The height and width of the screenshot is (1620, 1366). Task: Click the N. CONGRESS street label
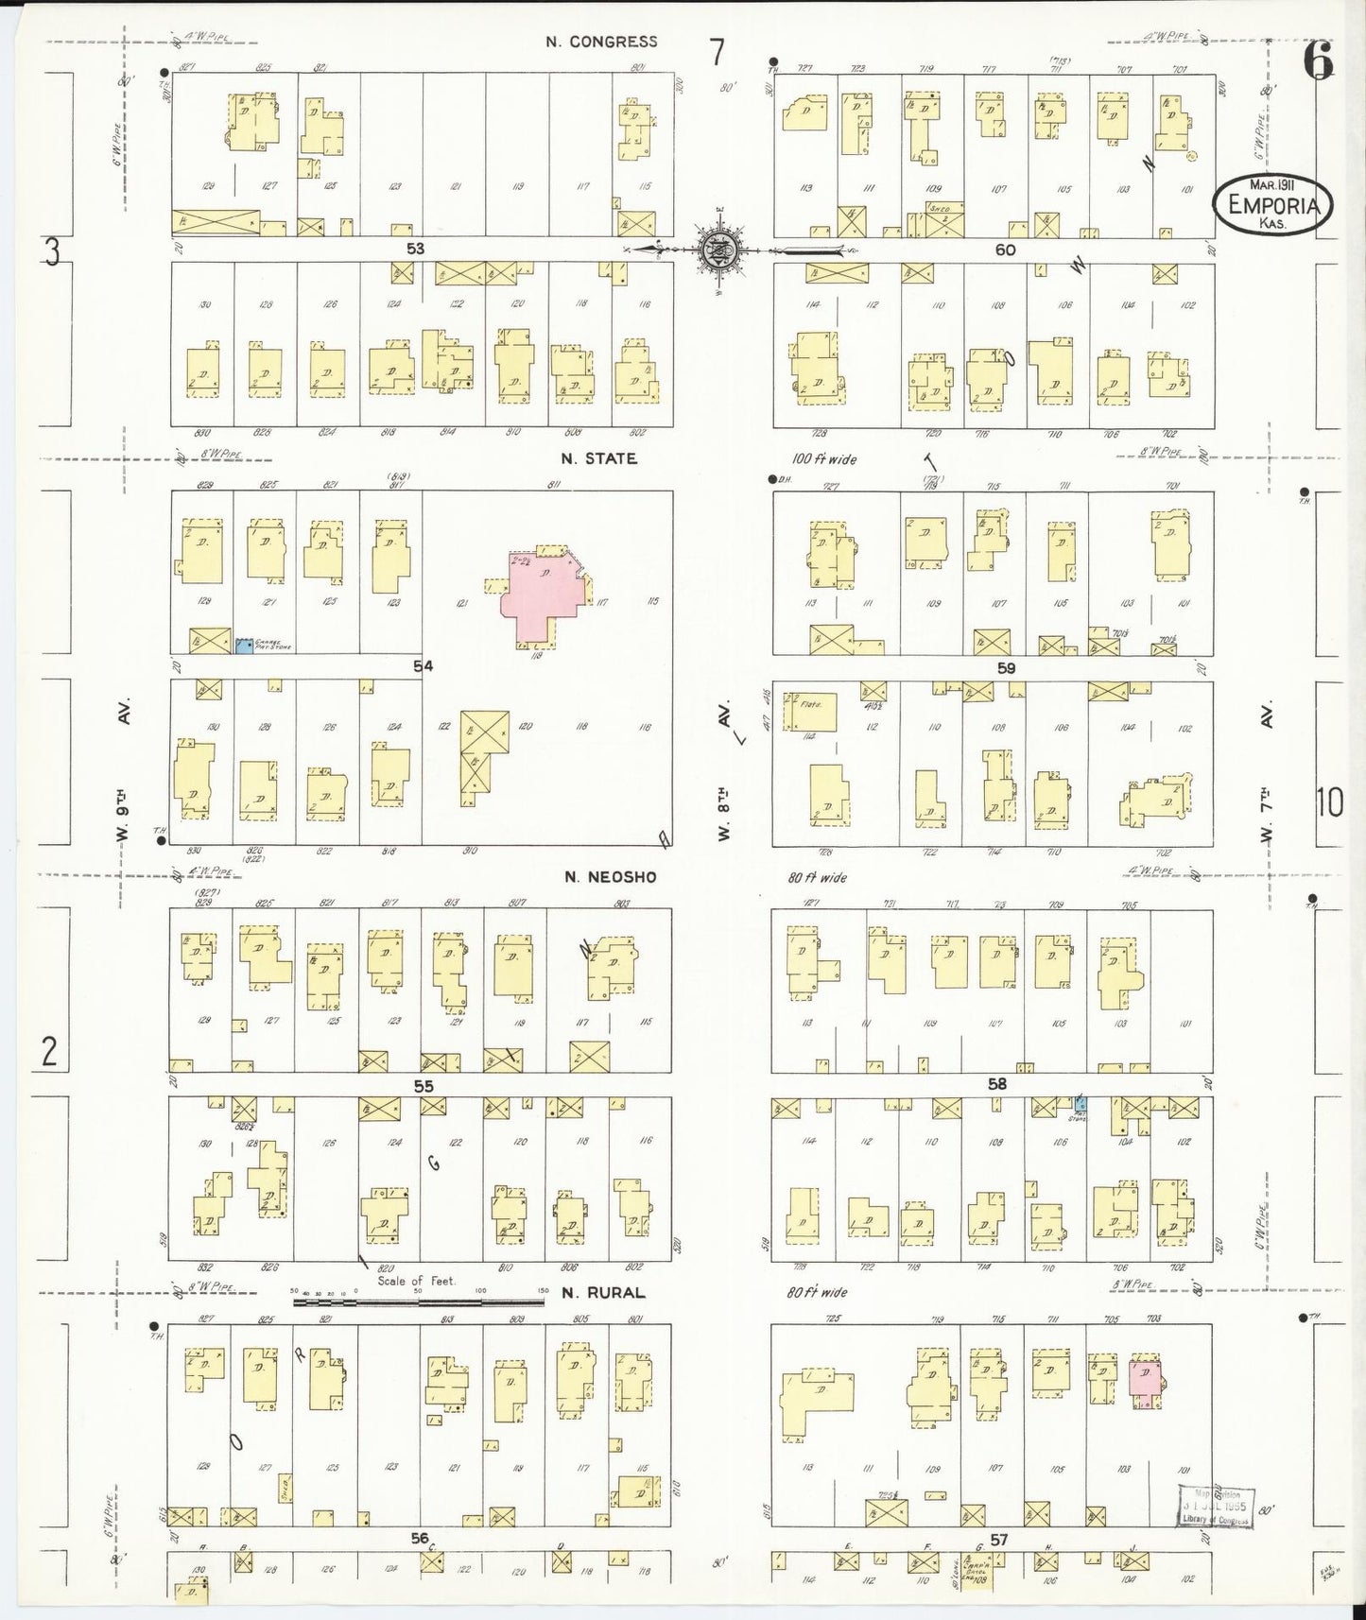tap(600, 42)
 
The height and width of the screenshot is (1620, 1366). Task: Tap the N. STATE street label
tap(598, 458)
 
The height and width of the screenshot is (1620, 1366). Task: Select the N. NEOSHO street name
tap(609, 877)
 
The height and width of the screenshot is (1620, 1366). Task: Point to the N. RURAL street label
tap(602, 1292)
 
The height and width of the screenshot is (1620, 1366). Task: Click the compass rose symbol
tap(718, 250)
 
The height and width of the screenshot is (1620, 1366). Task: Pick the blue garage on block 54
tap(245, 645)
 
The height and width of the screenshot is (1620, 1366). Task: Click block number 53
tap(416, 249)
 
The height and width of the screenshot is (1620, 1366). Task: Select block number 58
tap(997, 1084)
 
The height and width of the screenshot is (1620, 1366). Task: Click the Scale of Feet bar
tap(419, 1301)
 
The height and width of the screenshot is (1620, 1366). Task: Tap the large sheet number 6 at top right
tap(1318, 63)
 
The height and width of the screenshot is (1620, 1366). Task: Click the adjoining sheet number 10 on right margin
tap(1328, 802)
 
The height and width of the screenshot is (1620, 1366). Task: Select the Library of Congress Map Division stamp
tap(1215, 1506)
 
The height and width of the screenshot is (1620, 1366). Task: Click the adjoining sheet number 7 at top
tap(718, 52)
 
